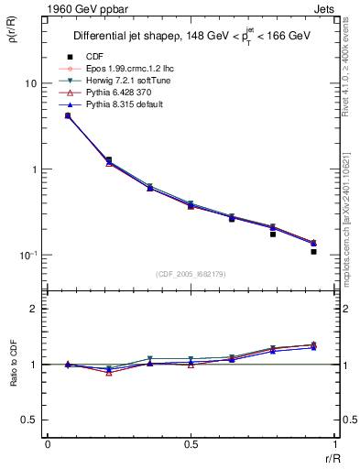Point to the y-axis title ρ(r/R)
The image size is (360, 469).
[x=18, y=37]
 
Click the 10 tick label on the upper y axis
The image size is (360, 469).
[x=29, y=83]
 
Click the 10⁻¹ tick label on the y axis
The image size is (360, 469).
[x=27, y=255]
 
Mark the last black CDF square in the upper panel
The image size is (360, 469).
[x=313, y=251]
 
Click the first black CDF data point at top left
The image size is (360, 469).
[x=68, y=115]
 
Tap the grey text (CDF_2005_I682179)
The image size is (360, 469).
[x=190, y=275]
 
